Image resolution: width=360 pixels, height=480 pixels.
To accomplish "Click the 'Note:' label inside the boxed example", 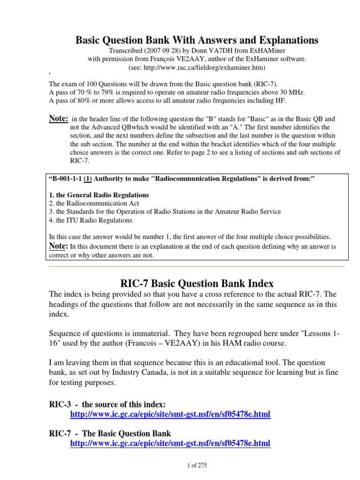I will point(59,246).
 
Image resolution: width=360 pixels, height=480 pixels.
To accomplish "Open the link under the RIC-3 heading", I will point(170,415).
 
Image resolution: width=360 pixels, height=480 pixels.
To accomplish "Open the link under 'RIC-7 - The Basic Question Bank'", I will point(170,443).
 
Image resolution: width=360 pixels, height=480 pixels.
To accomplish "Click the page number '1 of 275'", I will point(196,465).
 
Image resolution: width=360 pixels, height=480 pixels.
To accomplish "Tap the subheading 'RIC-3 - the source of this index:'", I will point(107,404).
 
